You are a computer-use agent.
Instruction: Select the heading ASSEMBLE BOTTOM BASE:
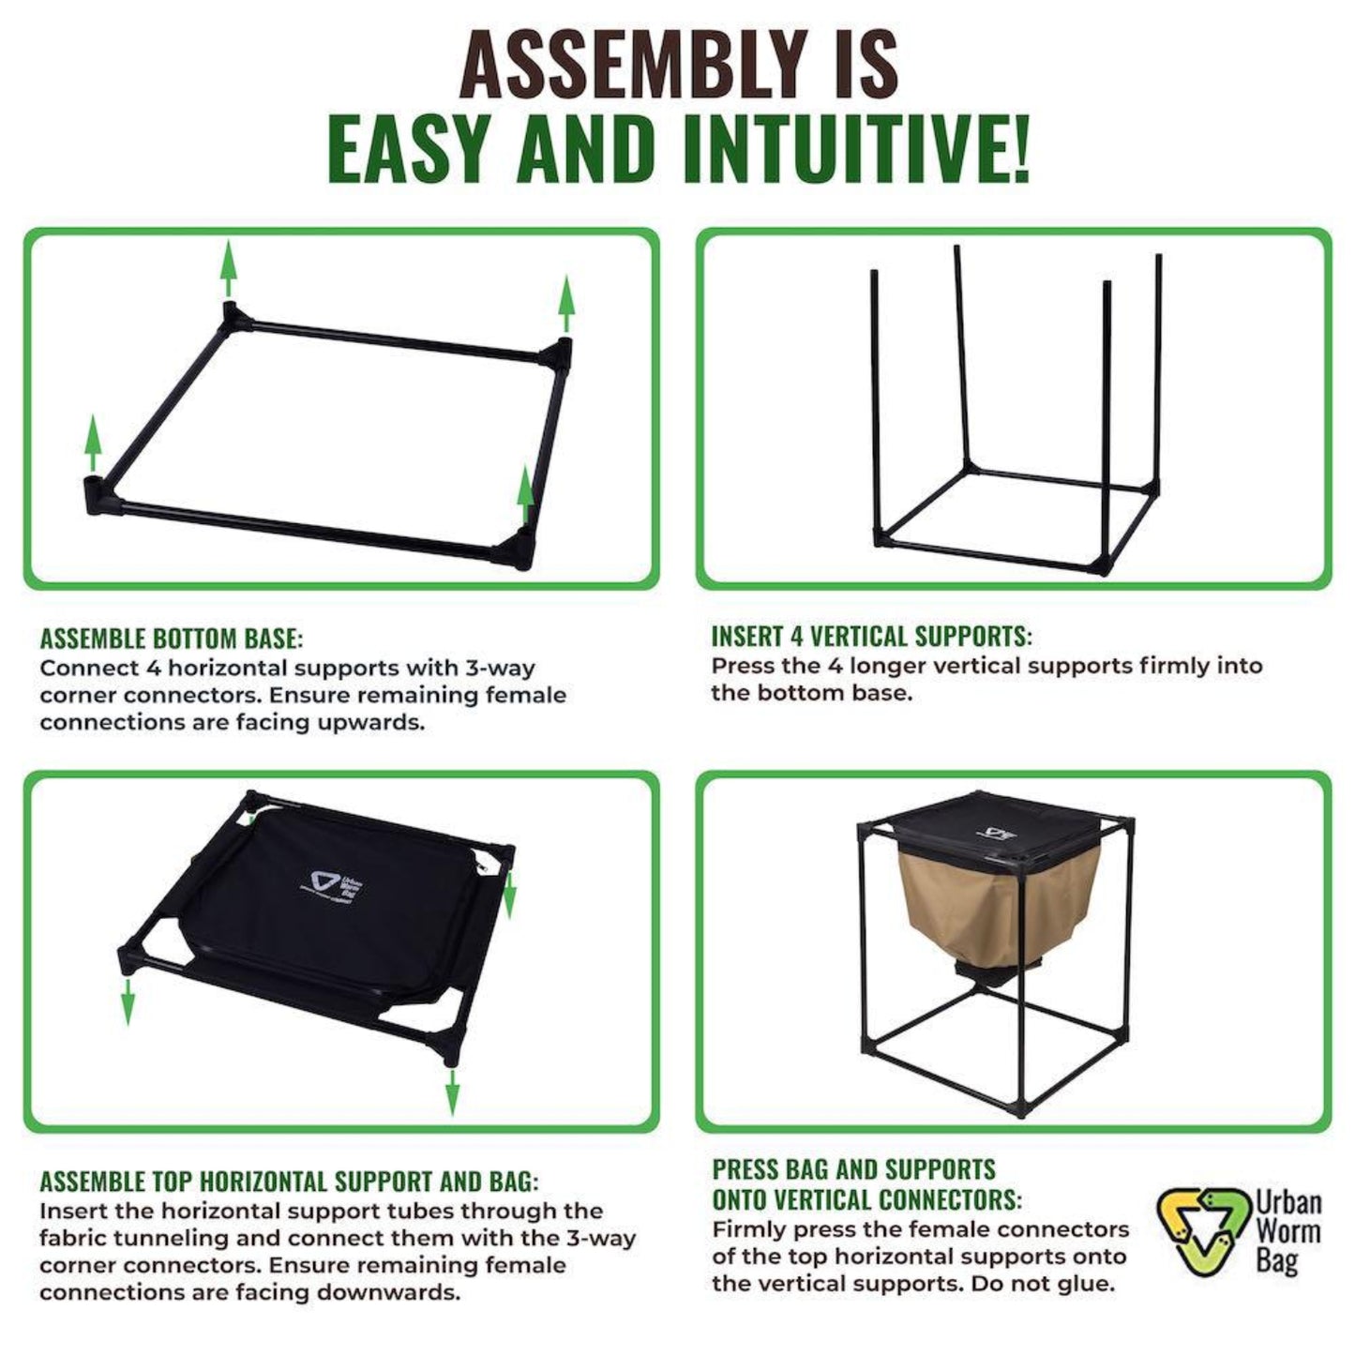coord(172,640)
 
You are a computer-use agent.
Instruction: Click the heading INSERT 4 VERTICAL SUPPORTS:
coord(871,636)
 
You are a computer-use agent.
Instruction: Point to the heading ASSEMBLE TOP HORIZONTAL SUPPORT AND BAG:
coord(289,1182)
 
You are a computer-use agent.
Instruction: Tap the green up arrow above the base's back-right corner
coord(565,302)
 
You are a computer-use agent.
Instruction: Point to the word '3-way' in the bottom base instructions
coord(499,669)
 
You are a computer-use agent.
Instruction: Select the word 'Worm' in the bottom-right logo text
coord(1288,1230)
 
